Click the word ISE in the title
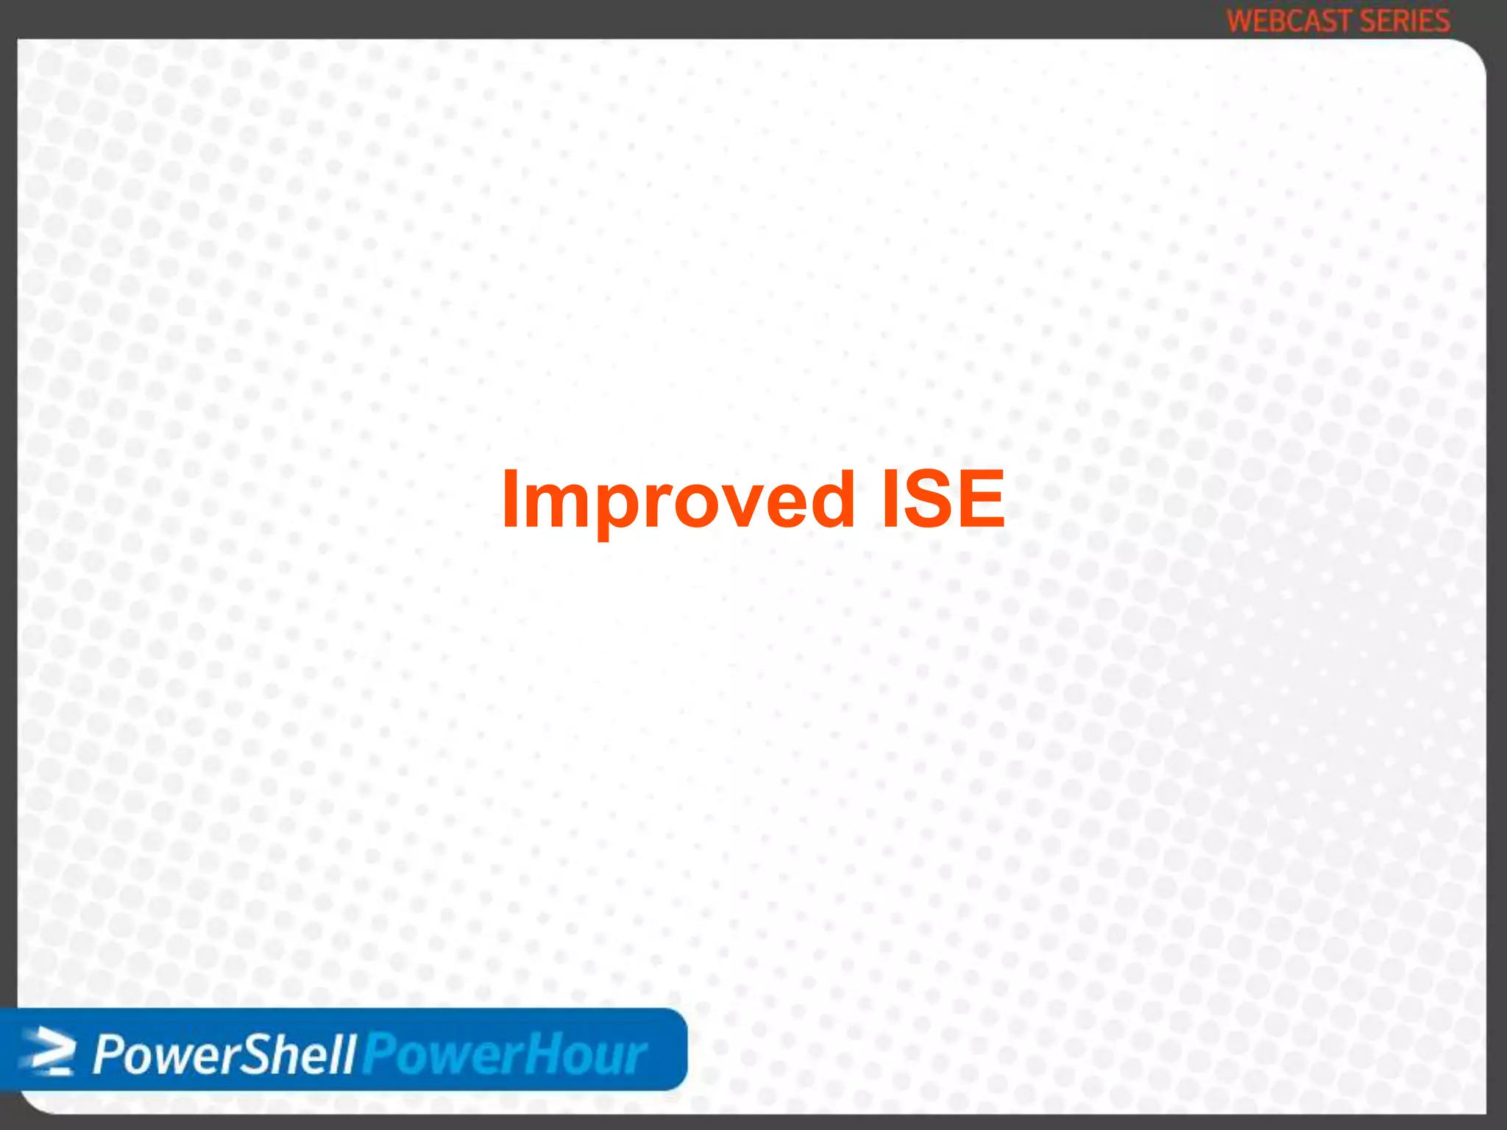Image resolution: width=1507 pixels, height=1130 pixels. coord(943,500)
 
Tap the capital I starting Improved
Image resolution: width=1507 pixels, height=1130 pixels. coord(510,500)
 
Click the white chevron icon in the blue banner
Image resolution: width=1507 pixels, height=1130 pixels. coord(50,1051)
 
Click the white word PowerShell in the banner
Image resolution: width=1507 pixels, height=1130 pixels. coord(224,1054)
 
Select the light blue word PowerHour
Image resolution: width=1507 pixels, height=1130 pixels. coord(505,1054)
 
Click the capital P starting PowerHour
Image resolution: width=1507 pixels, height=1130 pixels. coord(377,1054)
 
